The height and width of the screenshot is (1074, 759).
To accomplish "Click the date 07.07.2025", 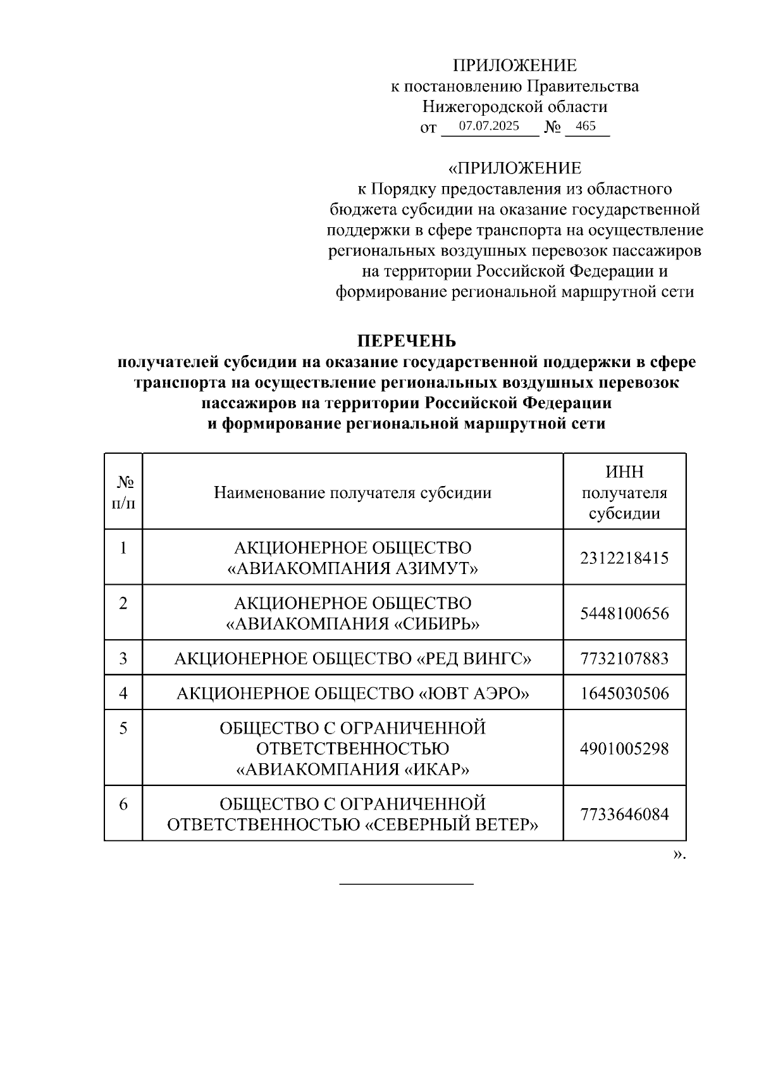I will [489, 126].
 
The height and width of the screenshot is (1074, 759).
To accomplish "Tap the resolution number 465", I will [586, 126].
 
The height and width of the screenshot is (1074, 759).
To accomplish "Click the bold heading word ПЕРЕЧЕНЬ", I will [407, 341].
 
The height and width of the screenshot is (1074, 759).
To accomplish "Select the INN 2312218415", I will [624, 558].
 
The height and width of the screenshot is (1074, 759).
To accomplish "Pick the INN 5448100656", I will [624, 613].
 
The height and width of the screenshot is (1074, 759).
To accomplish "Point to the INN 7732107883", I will [624, 659].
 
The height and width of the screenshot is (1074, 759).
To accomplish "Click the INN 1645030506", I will [624, 694].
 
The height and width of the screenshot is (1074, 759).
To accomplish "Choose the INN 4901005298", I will [624, 749].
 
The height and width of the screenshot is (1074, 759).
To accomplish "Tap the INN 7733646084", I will [624, 814].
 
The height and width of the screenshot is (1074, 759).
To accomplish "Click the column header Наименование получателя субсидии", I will [352, 492].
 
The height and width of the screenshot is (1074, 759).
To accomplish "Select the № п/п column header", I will [124, 492].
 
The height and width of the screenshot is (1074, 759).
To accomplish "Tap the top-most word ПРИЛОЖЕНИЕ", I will [514, 66].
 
